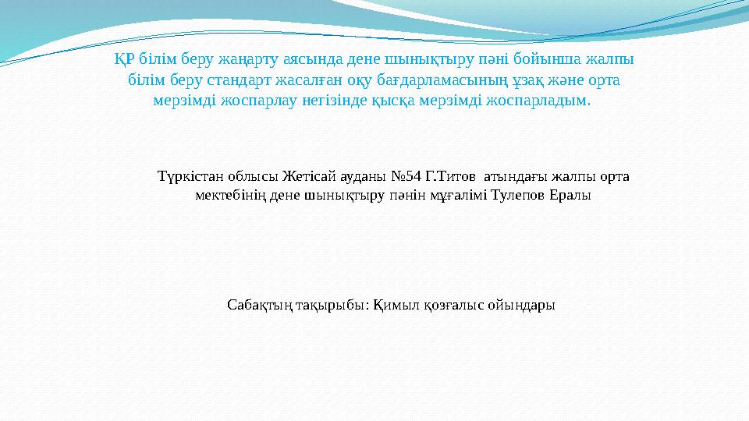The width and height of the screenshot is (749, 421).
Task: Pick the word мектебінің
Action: point(230,196)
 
